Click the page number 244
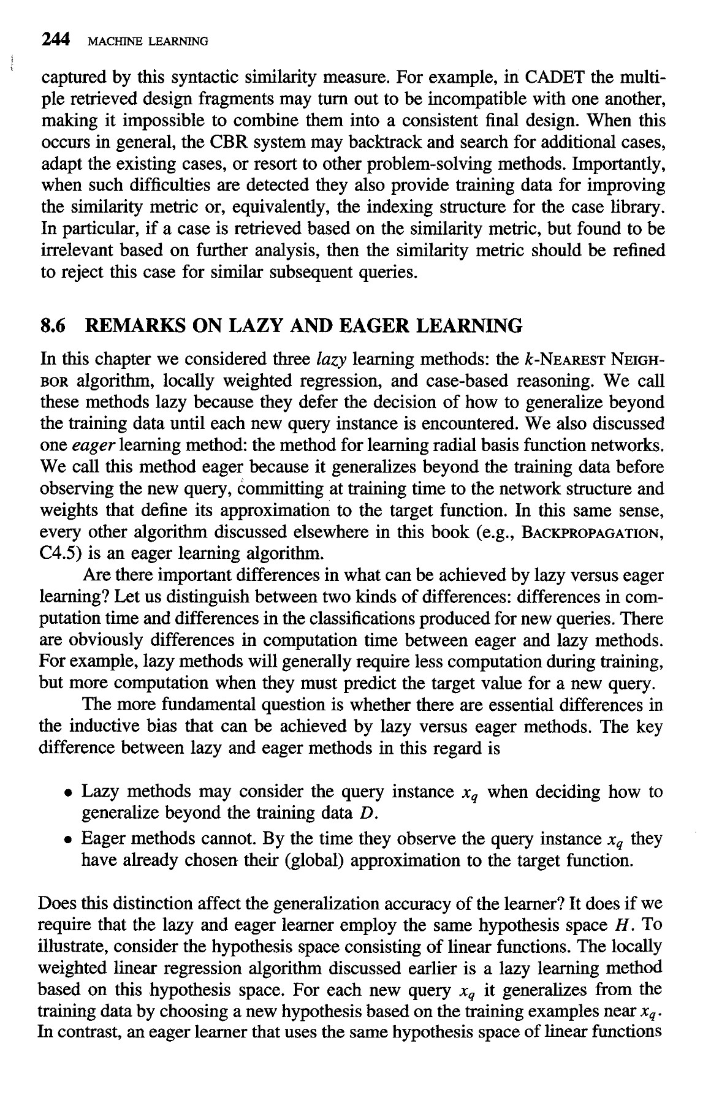[x=54, y=40]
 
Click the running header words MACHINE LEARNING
[x=148, y=42]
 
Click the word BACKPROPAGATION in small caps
[x=591, y=531]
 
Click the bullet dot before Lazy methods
[x=72, y=793]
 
